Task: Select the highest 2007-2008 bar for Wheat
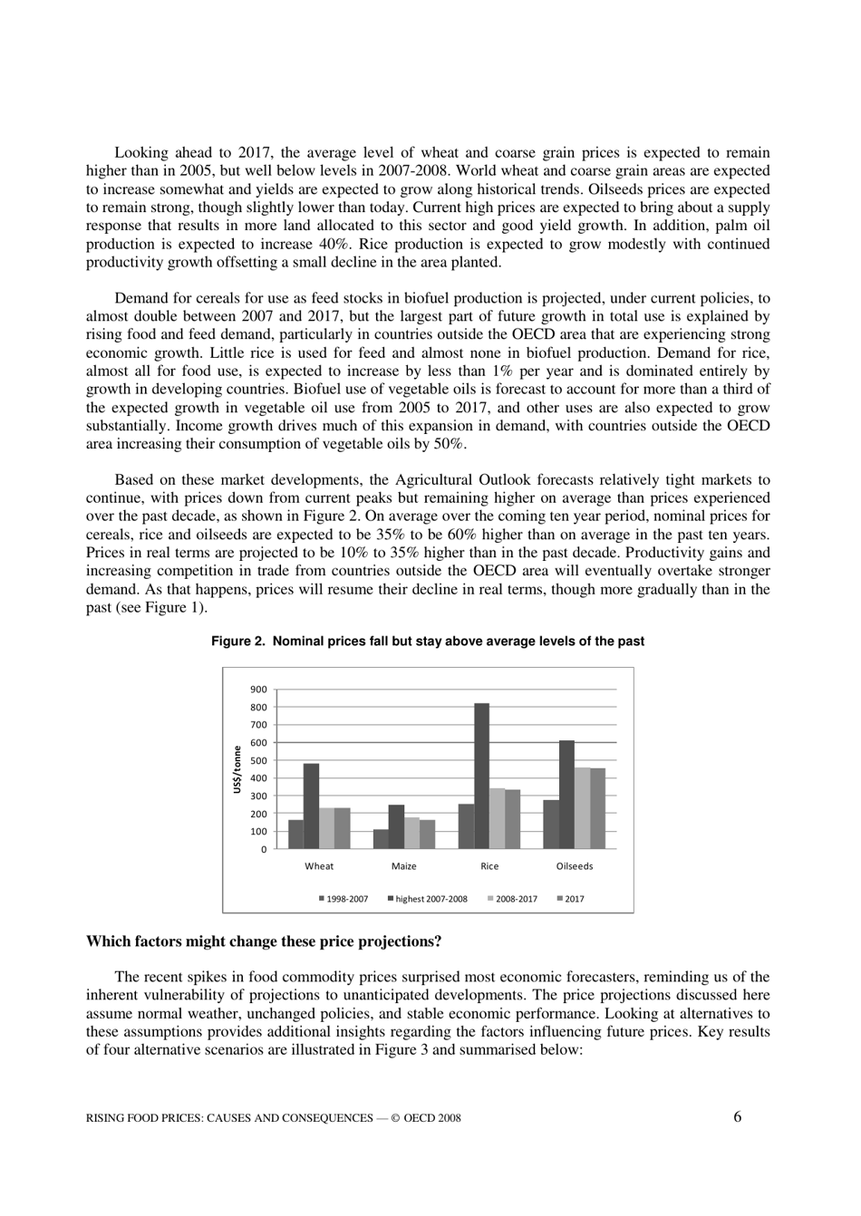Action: point(311,806)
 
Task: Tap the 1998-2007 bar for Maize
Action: point(381,839)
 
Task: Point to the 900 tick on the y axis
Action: point(258,690)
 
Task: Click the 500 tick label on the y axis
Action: point(258,761)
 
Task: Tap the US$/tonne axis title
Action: point(237,769)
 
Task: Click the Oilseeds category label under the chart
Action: point(575,866)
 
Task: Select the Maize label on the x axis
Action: point(404,866)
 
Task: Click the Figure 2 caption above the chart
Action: point(428,642)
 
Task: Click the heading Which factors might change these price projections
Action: point(264,941)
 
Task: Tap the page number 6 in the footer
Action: point(737,1116)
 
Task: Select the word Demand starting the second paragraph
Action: point(141,298)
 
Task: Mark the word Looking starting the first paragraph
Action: point(141,152)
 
